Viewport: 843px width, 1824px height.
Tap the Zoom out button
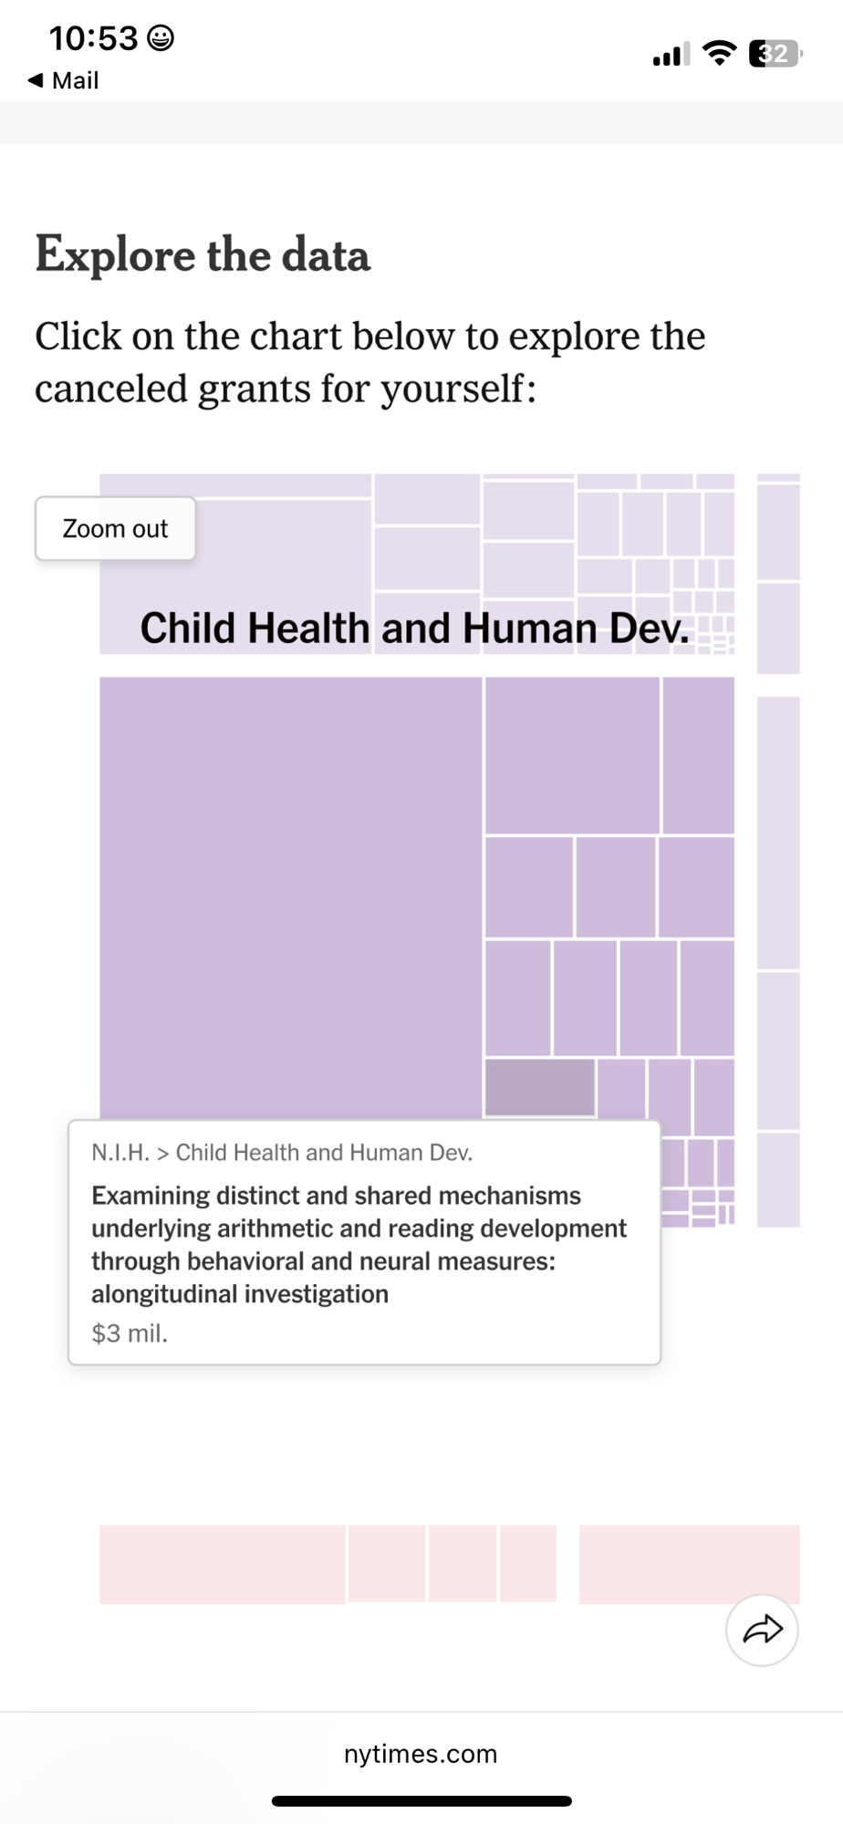(x=115, y=529)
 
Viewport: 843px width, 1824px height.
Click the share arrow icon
(x=762, y=1630)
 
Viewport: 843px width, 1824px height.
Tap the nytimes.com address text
(x=421, y=1754)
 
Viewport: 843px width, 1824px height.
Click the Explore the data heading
(x=203, y=254)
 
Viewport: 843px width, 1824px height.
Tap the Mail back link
(x=64, y=80)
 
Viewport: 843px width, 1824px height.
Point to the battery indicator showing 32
(x=774, y=54)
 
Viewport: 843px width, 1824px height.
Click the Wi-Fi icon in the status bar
(x=720, y=54)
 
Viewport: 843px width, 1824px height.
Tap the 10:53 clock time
(x=93, y=38)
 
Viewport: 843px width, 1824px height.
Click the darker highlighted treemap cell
(x=539, y=1087)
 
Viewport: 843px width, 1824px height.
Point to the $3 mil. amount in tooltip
(x=130, y=1333)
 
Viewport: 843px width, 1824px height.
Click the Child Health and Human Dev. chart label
(x=415, y=628)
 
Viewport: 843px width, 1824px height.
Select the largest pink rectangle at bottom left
(x=222, y=1563)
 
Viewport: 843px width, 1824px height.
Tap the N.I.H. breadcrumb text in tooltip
(x=120, y=1153)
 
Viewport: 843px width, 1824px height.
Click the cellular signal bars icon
(x=671, y=55)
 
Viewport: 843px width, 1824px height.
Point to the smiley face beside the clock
(x=161, y=38)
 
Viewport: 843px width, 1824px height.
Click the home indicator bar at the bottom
(x=421, y=1801)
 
